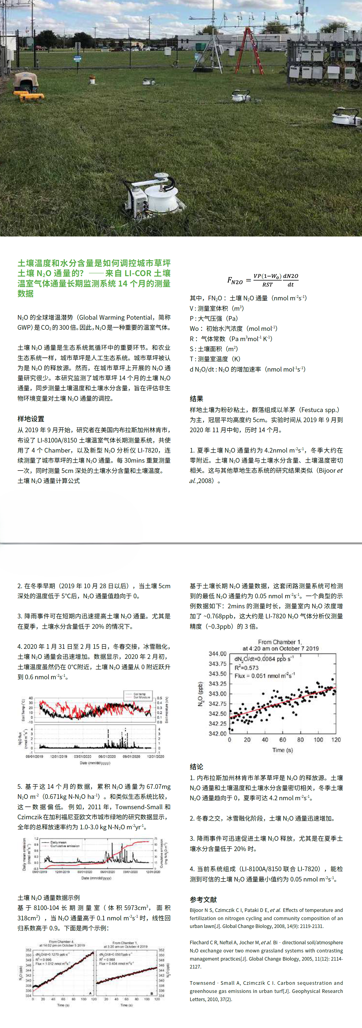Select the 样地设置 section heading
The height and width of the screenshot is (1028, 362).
click(31, 419)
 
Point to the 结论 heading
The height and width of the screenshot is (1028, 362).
click(196, 767)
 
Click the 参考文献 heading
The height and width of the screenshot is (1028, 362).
click(203, 899)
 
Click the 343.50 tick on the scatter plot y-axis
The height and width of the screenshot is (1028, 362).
click(218, 674)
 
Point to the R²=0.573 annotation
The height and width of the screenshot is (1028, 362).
click(247, 668)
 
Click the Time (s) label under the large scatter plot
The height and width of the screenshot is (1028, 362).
click(283, 750)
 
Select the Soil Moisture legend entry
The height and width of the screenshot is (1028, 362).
click(142, 697)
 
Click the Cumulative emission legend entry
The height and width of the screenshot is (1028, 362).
click(65, 846)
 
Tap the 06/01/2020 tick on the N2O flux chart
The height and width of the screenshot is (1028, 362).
click(107, 756)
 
